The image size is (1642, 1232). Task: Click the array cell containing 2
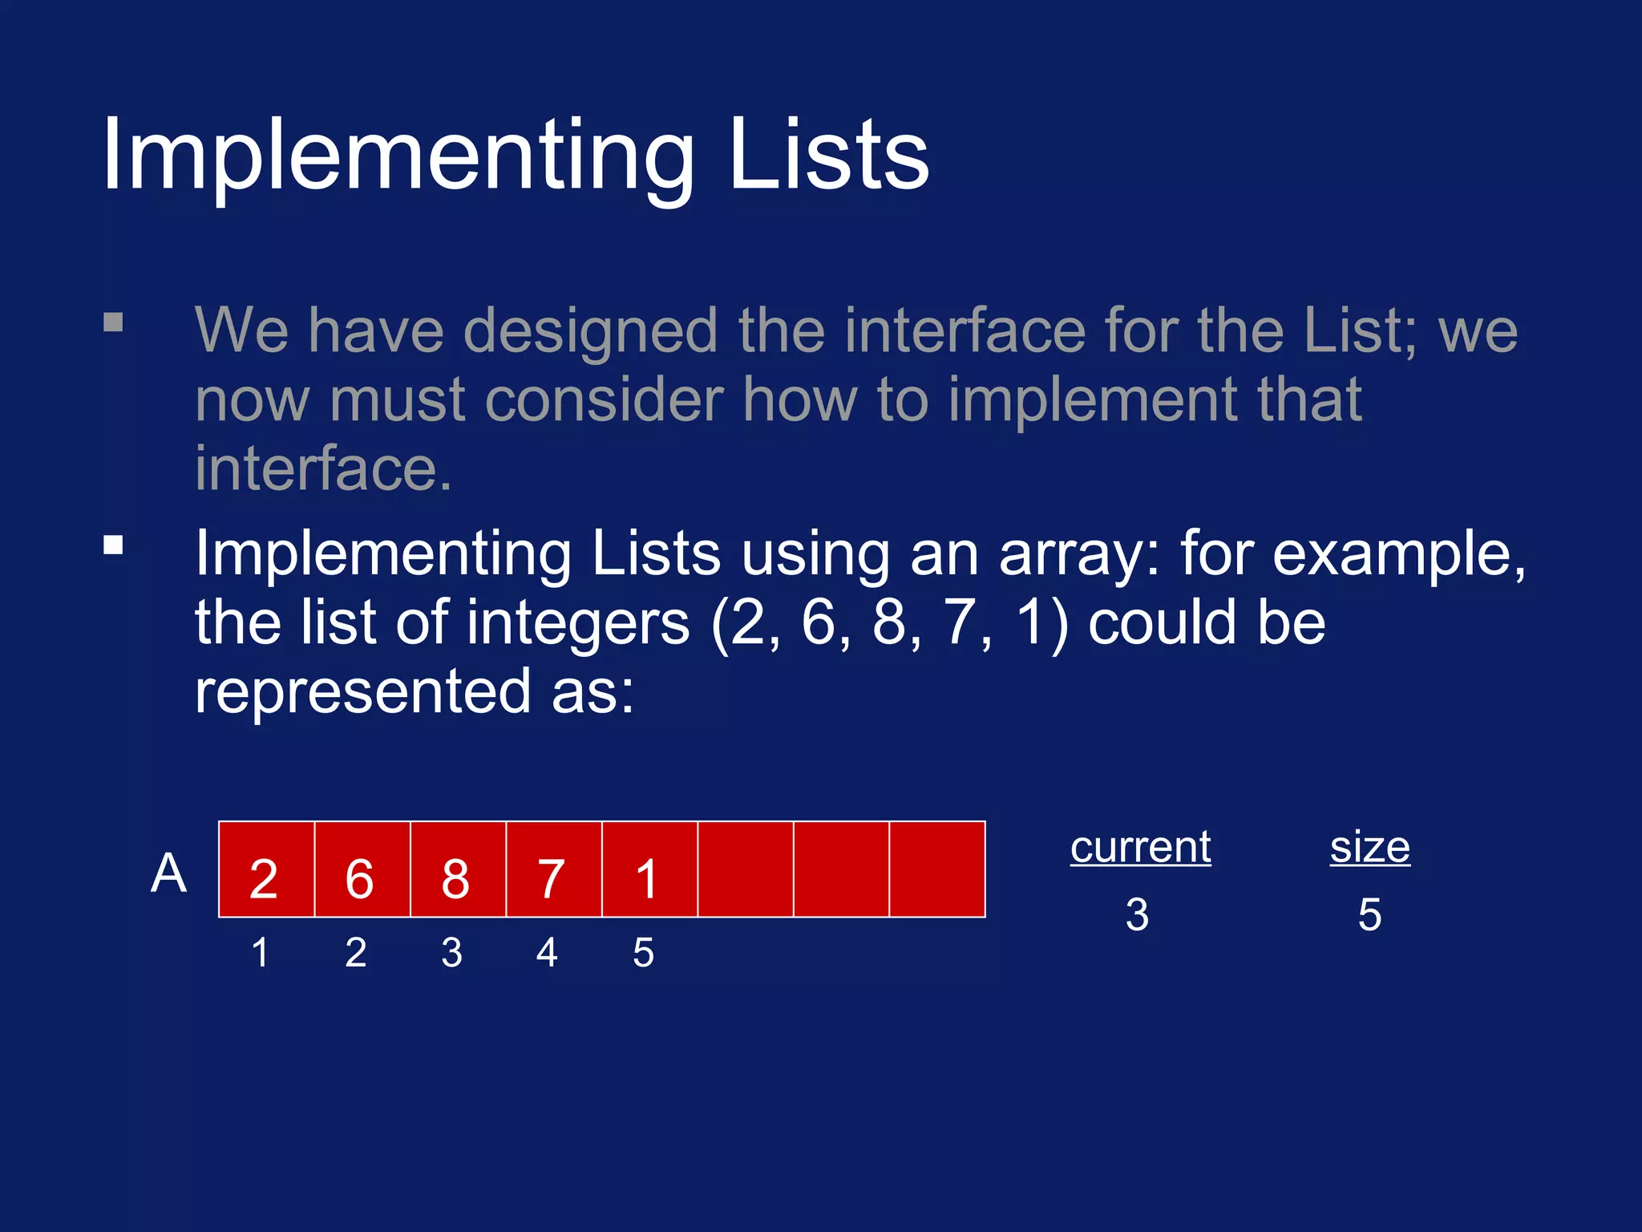(x=266, y=869)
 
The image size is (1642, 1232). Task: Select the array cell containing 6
(x=362, y=869)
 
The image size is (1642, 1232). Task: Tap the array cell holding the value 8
(x=458, y=869)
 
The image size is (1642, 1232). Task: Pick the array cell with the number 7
(x=553, y=869)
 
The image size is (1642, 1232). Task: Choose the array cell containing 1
(x=649, y=869)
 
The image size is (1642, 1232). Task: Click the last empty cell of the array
(x=937, y=869)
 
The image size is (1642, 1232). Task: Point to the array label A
(x=168, y=873)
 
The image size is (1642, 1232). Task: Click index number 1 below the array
(x=260, y=953)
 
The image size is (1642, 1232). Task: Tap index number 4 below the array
(x=547, y=953)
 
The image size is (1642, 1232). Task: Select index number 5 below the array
(x=643, y=953)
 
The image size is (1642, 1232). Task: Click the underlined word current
(x=1140, y=848)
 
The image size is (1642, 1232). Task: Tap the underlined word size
(x=1369, y=848)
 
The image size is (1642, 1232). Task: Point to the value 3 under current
(x=1137, y=914)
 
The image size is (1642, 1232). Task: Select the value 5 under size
(x=1369, y=914)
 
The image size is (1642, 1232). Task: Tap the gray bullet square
(x=113, y=322)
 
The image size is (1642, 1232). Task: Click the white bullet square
(x=113, y=545)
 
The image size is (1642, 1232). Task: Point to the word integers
(x=578, y=624)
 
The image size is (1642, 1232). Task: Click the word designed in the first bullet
(x=590, y=330)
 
